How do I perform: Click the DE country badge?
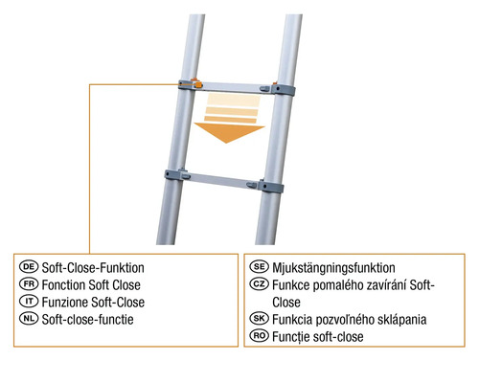(29, 266)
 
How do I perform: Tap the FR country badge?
(29, 283)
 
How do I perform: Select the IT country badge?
(29, 301)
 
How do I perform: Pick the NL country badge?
(29, 318)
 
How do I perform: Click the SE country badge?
(260, 266)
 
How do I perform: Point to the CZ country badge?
(260, 283)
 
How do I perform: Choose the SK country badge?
(260, 318)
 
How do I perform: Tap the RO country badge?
(260, 336)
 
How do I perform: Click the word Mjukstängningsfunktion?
(333, 268)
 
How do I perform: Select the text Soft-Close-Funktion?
(93, 268)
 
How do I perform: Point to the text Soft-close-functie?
(88, 319)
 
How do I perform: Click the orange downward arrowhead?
(229, 133)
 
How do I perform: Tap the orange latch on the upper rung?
(197, 84)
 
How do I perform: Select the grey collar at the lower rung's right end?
(271, 187)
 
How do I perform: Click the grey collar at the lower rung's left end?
(173, 175)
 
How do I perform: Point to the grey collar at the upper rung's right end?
(283, 90)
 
